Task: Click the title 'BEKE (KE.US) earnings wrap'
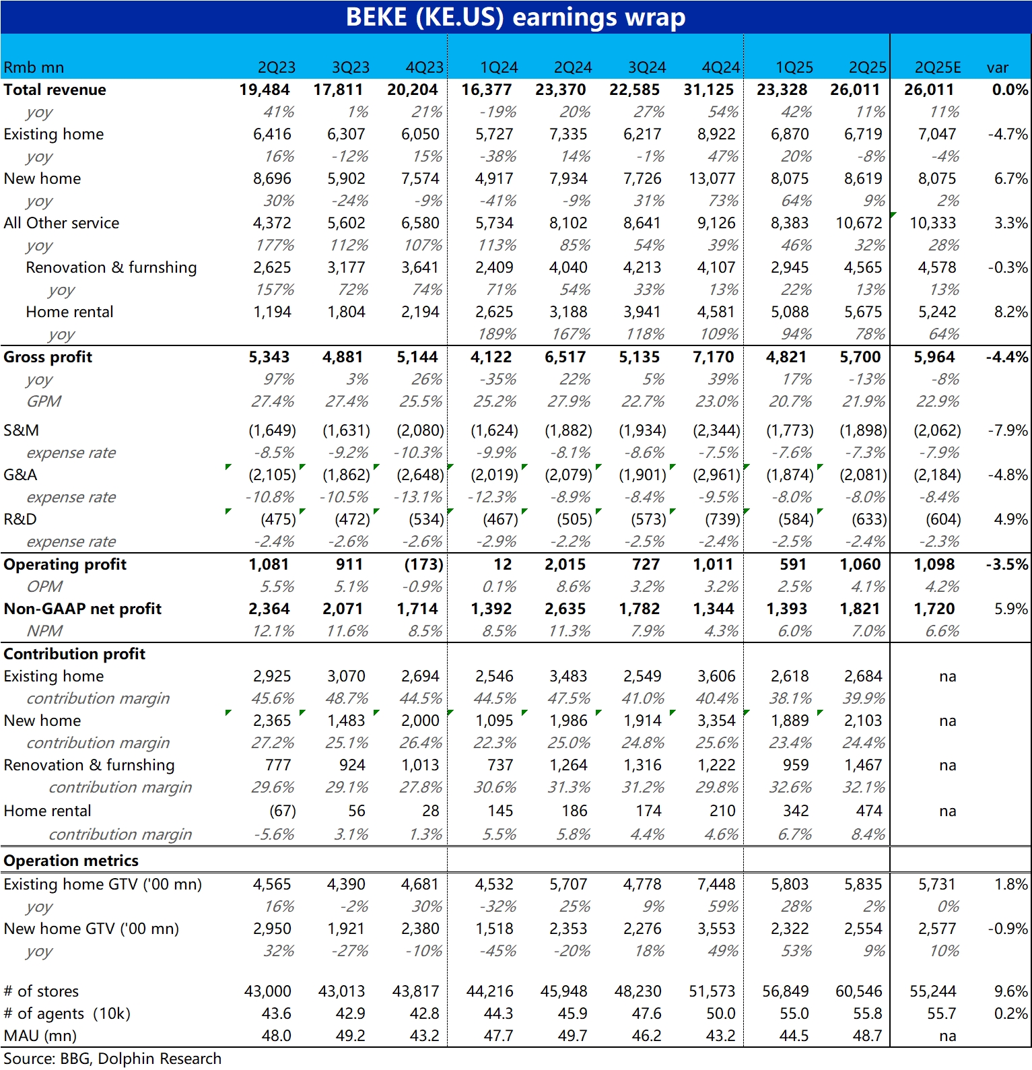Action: (x=516, y=17)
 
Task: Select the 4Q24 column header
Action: (x=720, y=67)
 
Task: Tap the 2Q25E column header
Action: (x=937, y=67)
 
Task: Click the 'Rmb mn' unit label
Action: (x=34, y=67)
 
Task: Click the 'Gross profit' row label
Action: (x=48, y=357)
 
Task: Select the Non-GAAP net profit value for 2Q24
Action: (x=565, y=609)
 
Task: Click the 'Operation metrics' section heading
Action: (x=71, y=861)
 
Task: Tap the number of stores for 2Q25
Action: (x=858, y=991)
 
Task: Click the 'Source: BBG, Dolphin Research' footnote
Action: (x=112, y=1059)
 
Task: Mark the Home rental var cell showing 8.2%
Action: (x=1010, y=312)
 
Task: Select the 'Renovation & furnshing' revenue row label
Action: (x=111, y=267)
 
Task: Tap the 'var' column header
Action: (x=997, y=67)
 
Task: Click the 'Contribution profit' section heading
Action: (x=74, y=654)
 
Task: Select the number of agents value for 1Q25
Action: (x=794, y=1013)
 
